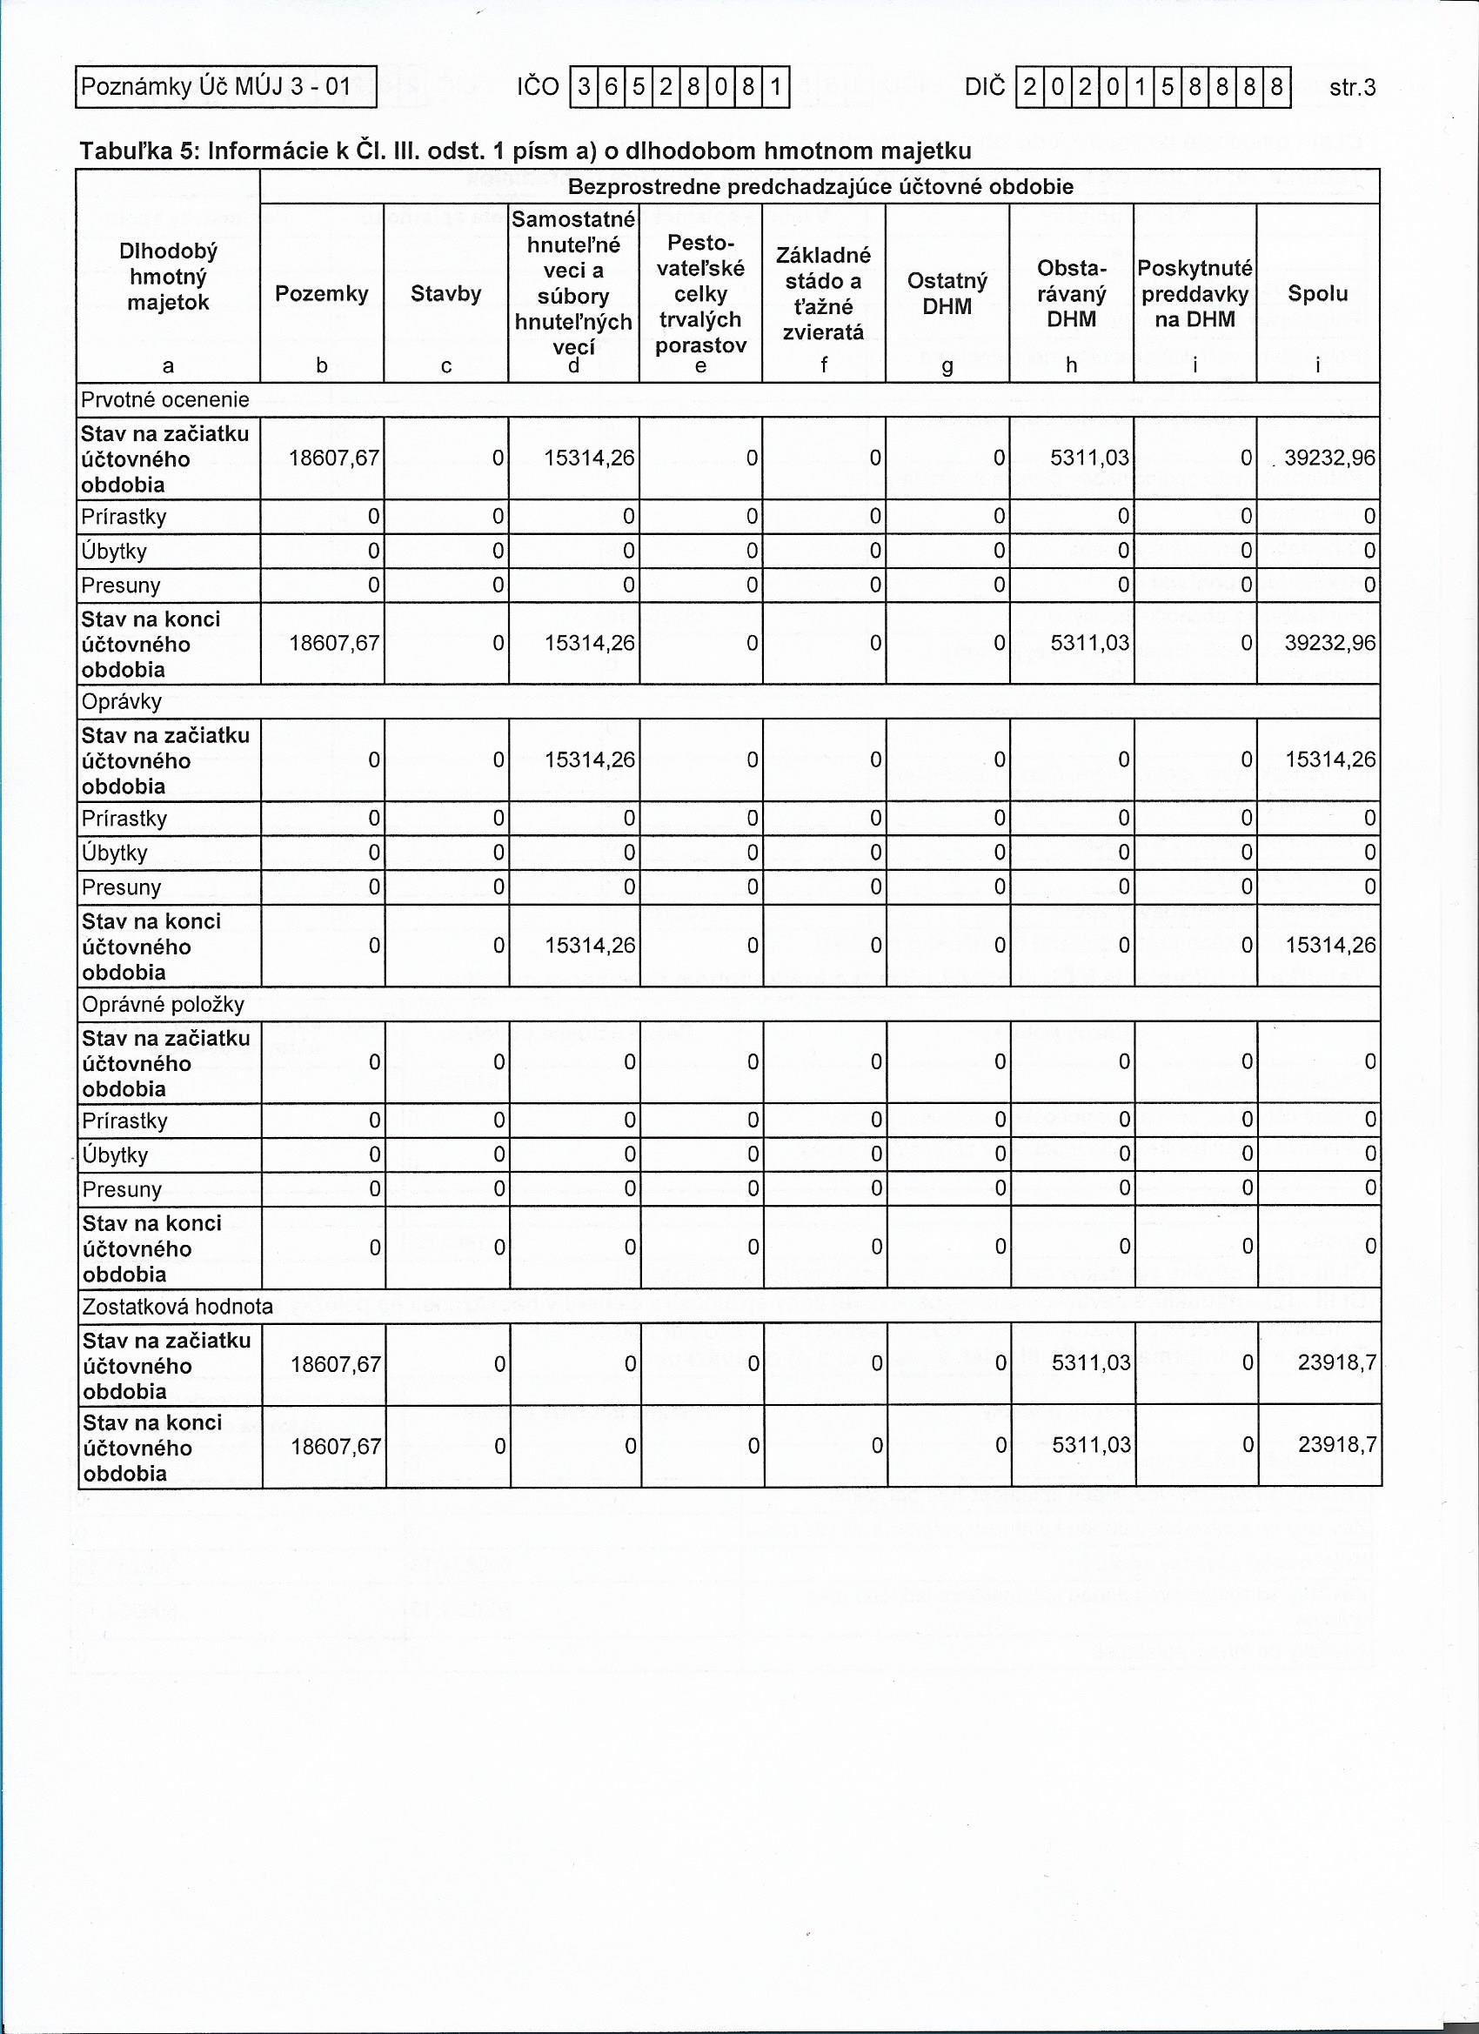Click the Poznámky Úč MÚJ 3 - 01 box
(x=225, y=87)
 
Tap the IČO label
(x=539, y=87)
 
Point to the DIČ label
(x=985, y=87)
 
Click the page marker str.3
(x=1353, y=87)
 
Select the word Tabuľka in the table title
(x=124, y=151)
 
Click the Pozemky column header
(x=322, y=294)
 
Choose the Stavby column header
(x=445, y=294)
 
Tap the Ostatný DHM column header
(x=947, y=294)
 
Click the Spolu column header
(x=1317, y=294)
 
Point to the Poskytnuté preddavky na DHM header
(x=1195, y=294)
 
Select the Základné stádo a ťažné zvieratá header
(x=823, y=294)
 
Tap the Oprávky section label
(x=122, y=701)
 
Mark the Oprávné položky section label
(x=164, y=1005)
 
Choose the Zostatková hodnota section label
(x=177, y=1307)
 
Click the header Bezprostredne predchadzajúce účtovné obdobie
(x=820, y=187)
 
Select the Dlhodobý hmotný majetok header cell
(x=168, y=278)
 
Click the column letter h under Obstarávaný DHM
(x=1072, y=366)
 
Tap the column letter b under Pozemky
(x=322, y=366)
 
